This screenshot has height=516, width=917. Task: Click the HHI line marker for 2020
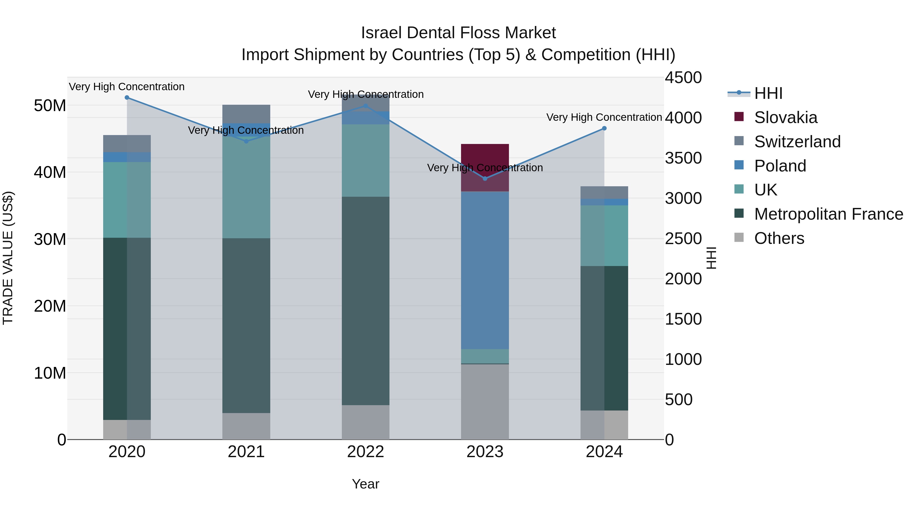point(127,98)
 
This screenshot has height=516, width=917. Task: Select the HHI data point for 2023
point(485,178)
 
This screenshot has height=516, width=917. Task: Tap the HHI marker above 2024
point(604,128)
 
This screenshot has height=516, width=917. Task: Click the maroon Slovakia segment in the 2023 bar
point(485,157)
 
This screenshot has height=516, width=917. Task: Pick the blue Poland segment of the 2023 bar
point(485,271)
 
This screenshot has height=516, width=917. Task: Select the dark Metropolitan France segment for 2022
point(366,301)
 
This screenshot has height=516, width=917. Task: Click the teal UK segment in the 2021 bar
point(246,187)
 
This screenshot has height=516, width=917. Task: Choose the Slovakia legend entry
point(785,117)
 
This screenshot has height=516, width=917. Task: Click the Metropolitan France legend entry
point(828,214)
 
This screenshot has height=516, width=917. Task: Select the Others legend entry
point(779,238)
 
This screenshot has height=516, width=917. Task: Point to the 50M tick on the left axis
point(50,106)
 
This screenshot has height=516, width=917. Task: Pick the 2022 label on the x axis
point(366,452)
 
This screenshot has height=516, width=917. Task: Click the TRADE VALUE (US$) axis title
point(8,258)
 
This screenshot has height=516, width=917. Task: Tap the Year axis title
point(366,484)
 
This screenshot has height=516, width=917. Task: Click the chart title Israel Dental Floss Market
point(458,33)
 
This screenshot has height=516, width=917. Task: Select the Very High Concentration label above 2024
point(604,117)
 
